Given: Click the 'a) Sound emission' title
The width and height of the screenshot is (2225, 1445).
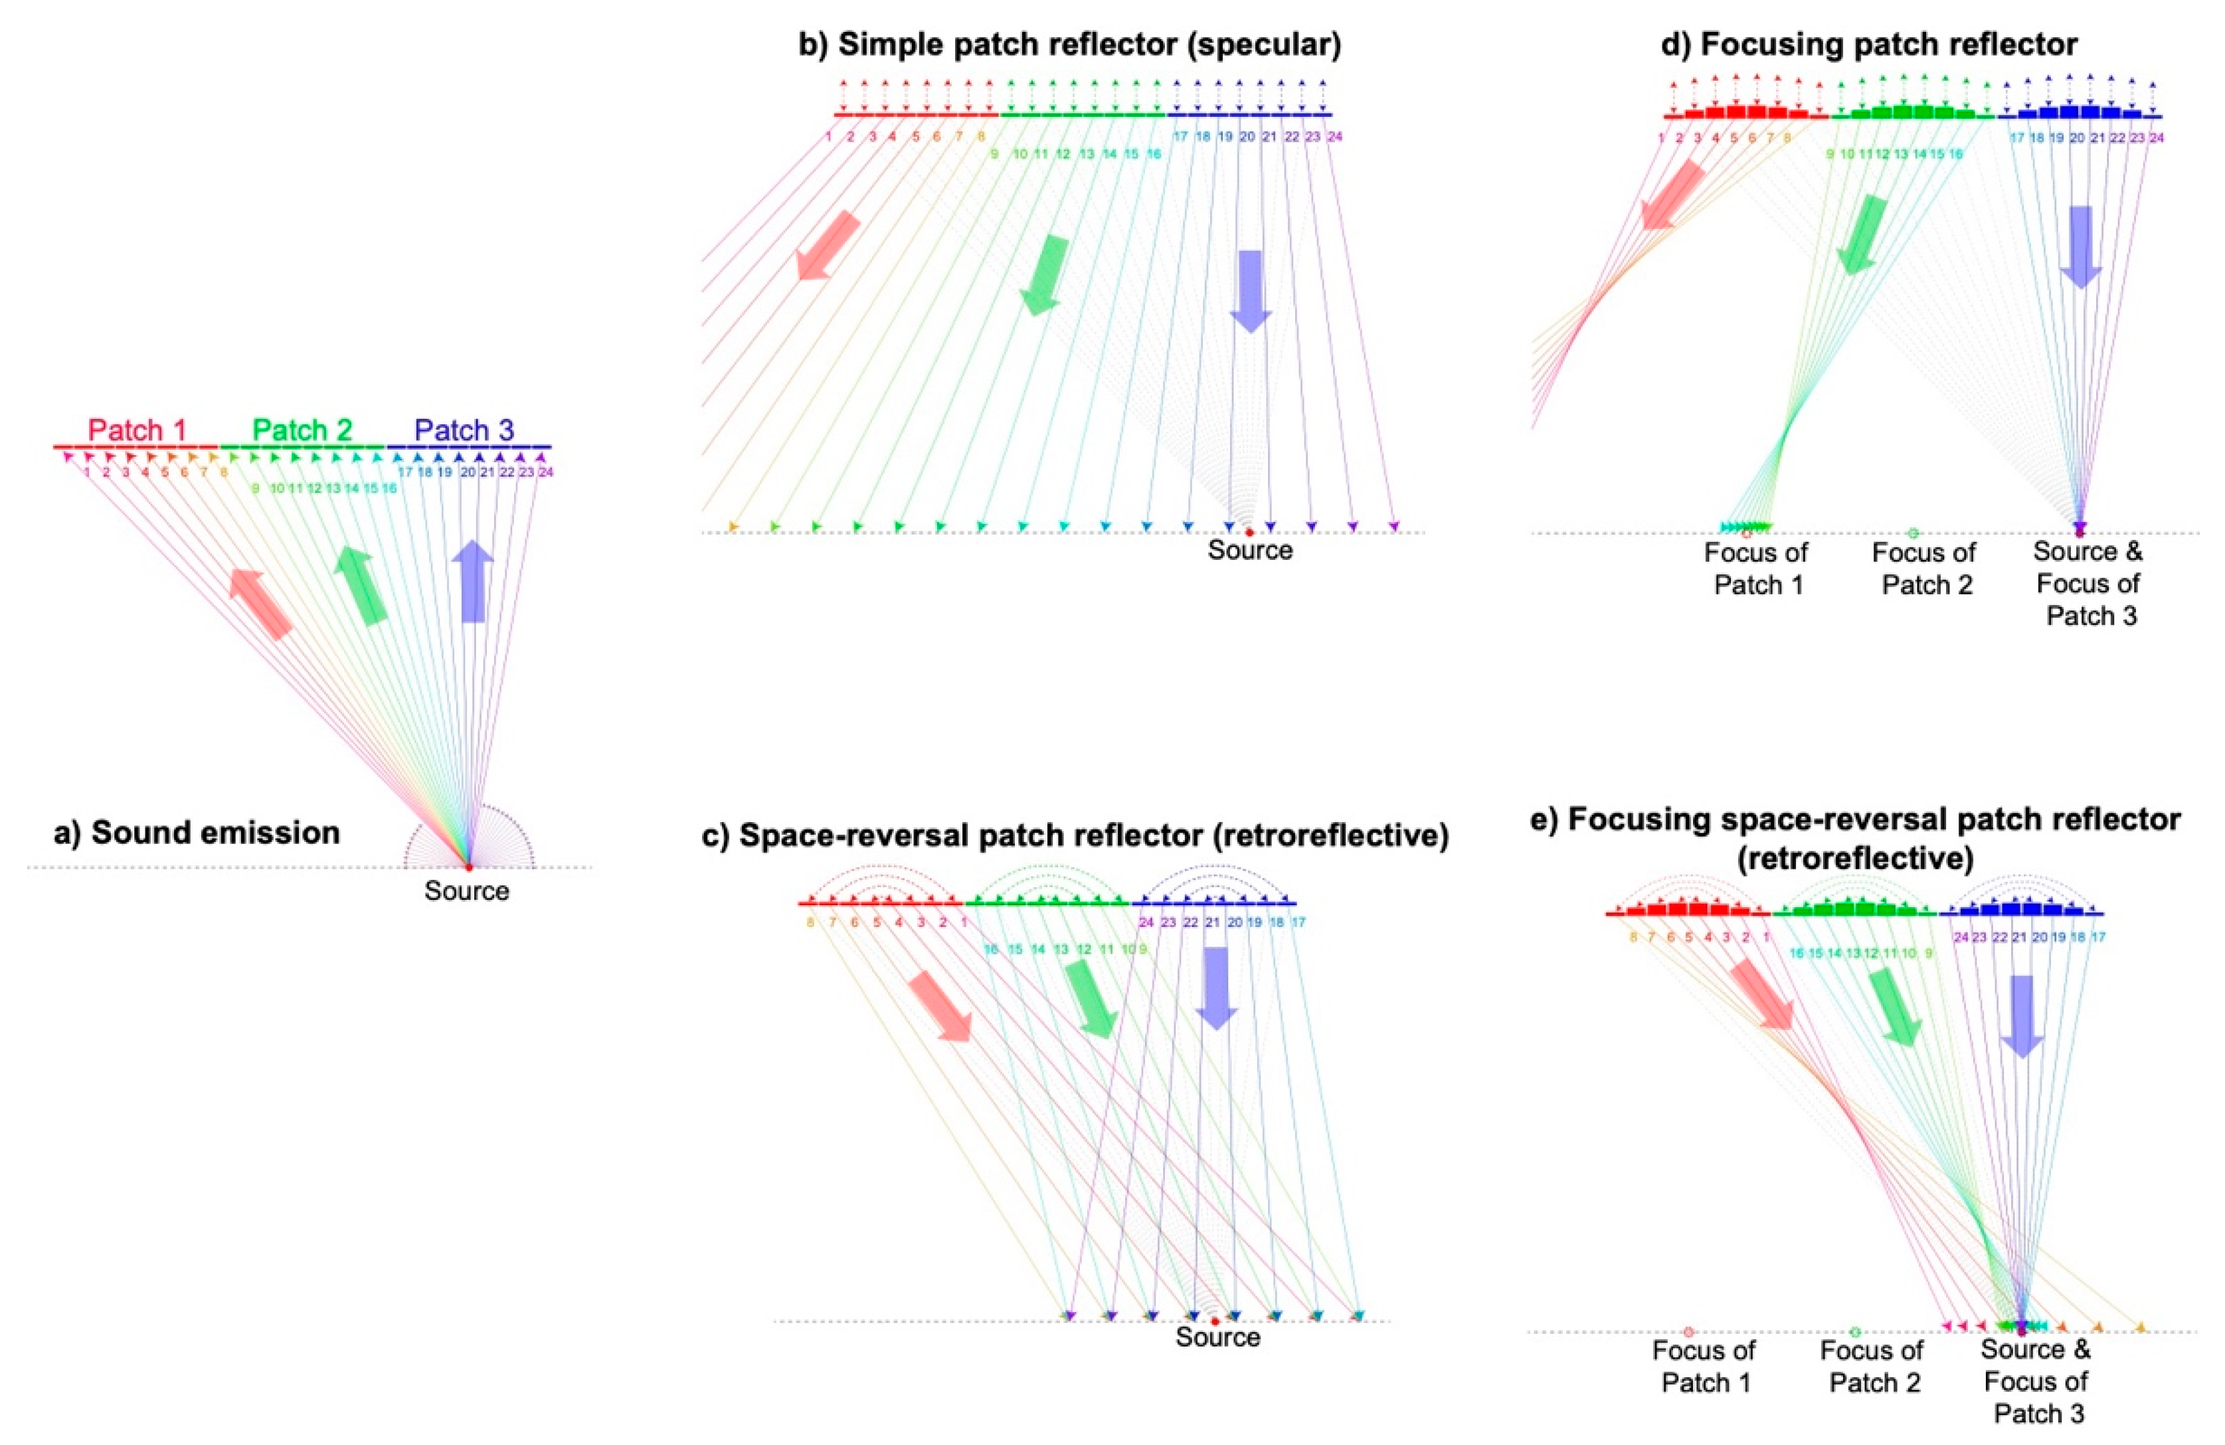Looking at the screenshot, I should (197, 832).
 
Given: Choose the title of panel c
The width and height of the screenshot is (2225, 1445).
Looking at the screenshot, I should (1075, 835).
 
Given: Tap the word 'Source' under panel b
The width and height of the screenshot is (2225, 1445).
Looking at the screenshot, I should (1250, 550).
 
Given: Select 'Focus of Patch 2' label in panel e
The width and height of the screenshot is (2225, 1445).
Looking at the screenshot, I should (1872, 1367).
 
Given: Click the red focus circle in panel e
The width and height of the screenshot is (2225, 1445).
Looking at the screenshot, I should (1688, 1332).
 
